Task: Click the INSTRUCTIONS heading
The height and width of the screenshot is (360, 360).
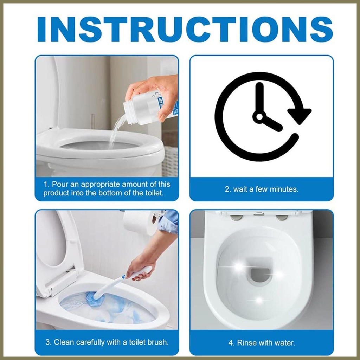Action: coord(185,29)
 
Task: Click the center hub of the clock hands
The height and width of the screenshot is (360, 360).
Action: coord(259,117)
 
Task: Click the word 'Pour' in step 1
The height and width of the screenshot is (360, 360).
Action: coord(60,184)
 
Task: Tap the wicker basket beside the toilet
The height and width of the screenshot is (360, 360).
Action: coord(170,161)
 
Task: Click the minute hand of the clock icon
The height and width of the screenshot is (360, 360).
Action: coord(259,99)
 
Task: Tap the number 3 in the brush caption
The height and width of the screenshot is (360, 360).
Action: coord(48,342)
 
